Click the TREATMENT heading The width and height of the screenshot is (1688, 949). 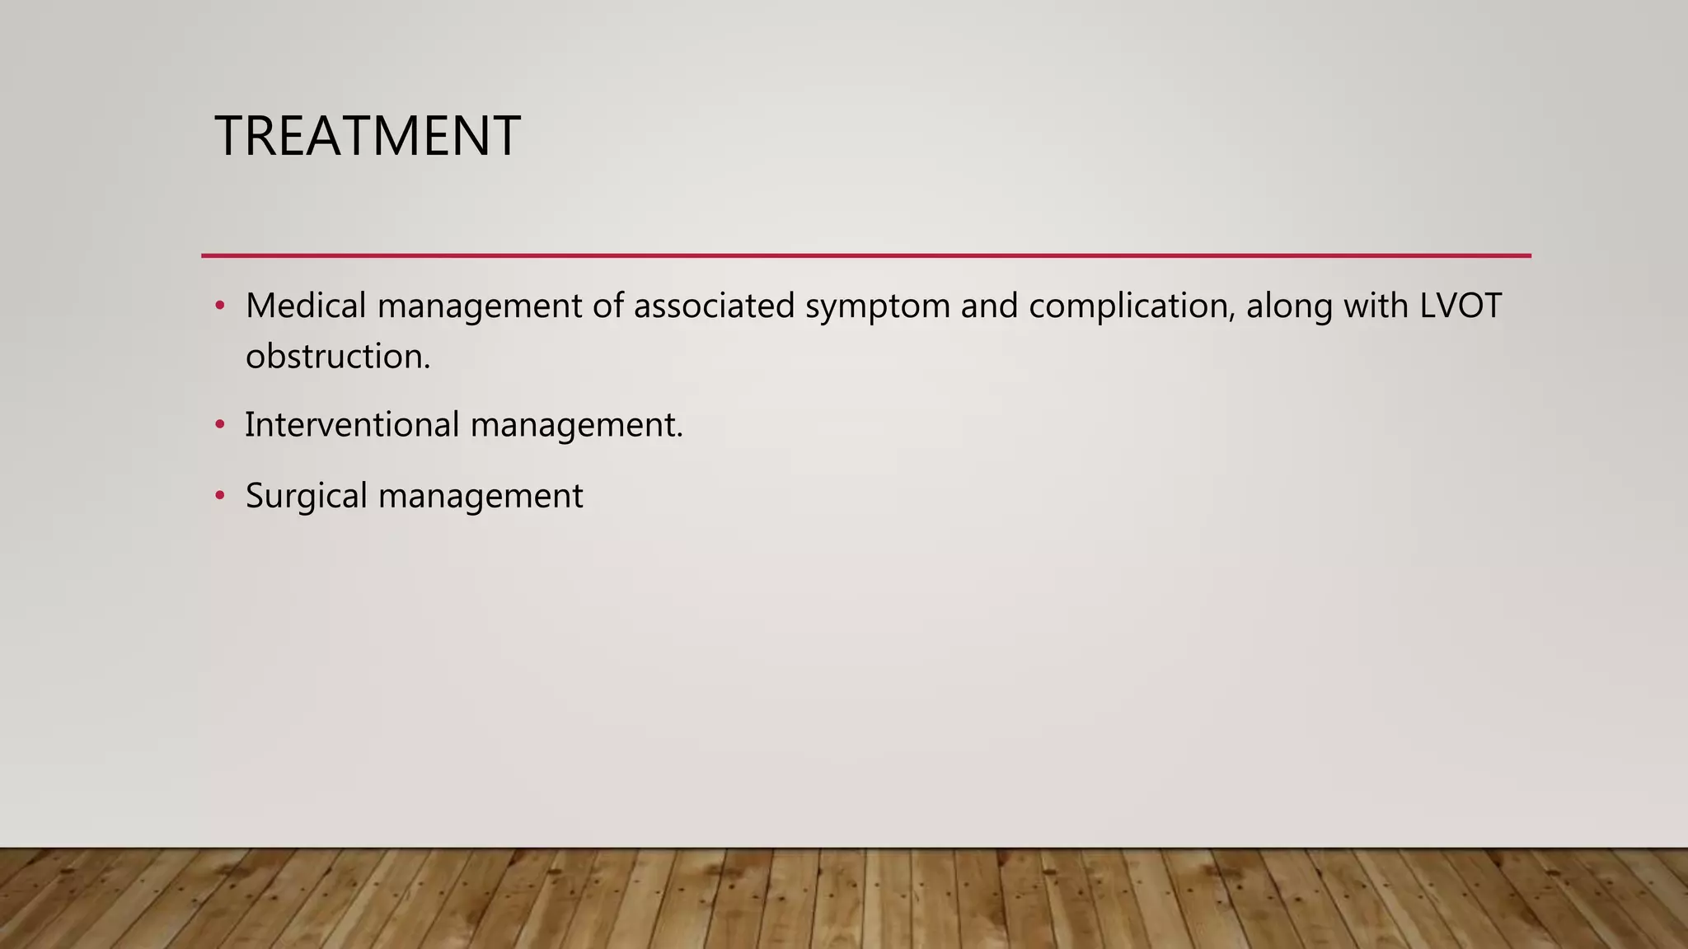pyautogui.click(x=368, y=136)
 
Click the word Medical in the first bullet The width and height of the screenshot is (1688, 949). pyautogui.click(x=306, y=306)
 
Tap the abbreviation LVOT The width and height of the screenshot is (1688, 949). pyautogui.click(x=1461, y=306)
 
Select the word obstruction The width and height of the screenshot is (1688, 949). pyautogui.click(x=337, y=357)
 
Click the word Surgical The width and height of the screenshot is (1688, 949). pyautogui.click(x=306, y=496)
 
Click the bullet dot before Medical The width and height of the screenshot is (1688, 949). pyautogui.click(x=219, y=306)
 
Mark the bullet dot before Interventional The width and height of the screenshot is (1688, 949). pyautogui.click(x=219, y=425)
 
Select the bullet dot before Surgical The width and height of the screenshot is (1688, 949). pyautogui.click(x=219, y=496)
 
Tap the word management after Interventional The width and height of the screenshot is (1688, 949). pyautogui.click(x=576, y=426)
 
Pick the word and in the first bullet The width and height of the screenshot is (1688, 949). pyautogui.click(x=989, y=306)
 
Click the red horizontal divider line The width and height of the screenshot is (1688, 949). pyautogui.click(x=865, y=256)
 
